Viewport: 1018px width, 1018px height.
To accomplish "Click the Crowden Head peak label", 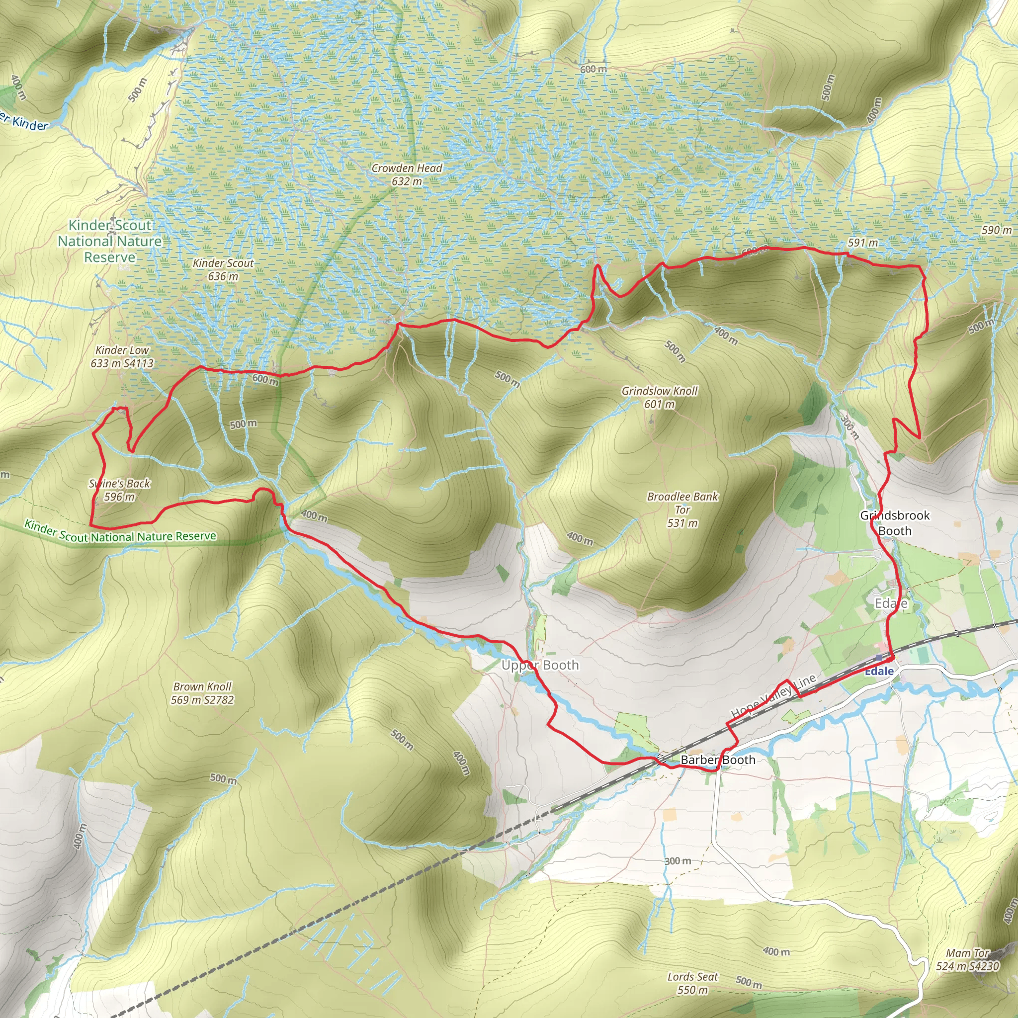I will pos(407,174).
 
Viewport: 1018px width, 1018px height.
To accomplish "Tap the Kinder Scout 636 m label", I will pos(223,269).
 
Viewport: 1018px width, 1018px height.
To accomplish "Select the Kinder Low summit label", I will pos(122,357).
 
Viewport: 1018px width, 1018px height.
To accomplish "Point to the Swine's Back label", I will pos(120,490).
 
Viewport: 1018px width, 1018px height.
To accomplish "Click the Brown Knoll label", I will pos(202,693).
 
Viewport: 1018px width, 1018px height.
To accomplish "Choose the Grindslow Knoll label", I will pos(659,397).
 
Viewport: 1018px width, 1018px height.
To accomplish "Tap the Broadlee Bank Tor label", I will pos(682,509).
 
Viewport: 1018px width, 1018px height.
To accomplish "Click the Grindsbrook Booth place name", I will pos(895,523).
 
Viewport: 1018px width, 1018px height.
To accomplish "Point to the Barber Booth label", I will pos(718,760).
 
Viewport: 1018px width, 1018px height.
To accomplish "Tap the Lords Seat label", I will pos(692,983).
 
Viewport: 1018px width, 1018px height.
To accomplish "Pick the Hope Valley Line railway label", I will pos(773,695).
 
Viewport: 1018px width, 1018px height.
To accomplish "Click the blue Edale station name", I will pos(879,671).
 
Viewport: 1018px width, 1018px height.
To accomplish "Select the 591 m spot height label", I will pos(862,243).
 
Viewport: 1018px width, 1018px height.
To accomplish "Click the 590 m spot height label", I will pos(997,230).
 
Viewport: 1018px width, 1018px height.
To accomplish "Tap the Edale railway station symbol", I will pos(879,658).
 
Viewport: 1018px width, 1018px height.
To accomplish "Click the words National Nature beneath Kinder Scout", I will pos(109,241).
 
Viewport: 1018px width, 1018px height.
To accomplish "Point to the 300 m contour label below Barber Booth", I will pos(678,860).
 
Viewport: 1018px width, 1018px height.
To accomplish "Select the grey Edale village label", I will pos(891,603).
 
